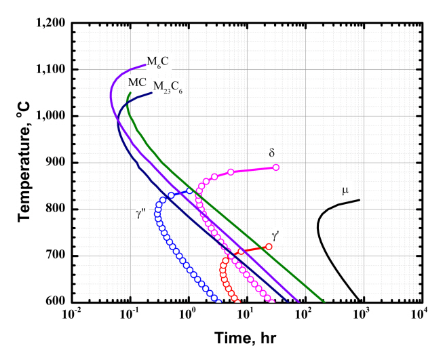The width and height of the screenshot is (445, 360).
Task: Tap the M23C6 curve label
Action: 166,87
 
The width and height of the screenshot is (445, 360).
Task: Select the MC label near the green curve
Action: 138,81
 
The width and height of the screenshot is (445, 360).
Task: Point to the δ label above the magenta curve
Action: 271,153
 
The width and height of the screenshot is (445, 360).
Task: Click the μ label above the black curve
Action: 345,191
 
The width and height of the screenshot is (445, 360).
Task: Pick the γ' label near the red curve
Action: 275,235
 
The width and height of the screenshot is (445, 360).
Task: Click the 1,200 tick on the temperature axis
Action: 51,23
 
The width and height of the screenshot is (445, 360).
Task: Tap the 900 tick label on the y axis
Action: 56,163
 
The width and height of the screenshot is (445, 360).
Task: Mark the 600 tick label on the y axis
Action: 56,302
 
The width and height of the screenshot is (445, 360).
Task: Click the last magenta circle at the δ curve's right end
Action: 276,167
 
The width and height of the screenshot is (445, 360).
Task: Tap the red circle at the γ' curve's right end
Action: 269,247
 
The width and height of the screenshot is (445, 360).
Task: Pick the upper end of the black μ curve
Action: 359,200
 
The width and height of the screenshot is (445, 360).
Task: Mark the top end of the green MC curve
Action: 130,93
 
